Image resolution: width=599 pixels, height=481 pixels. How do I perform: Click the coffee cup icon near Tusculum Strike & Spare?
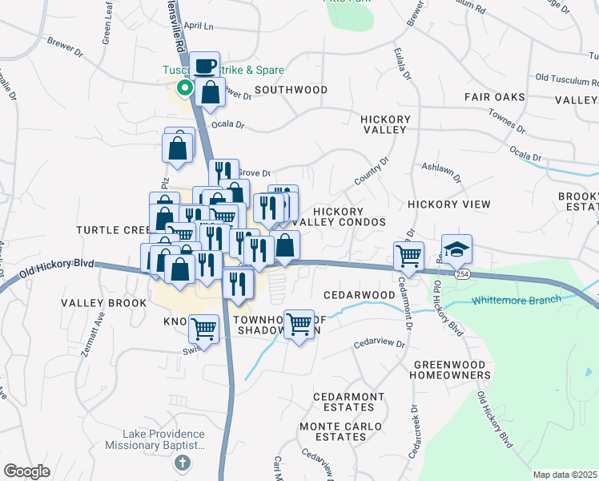[205, 66]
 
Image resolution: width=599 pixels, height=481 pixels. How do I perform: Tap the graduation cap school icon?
[456, 250]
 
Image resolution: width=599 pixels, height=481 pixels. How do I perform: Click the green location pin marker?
[183, 88]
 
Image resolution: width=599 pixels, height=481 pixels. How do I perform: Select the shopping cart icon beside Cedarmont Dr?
[408, 257]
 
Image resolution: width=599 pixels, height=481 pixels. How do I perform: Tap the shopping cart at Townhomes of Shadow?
[299, 325]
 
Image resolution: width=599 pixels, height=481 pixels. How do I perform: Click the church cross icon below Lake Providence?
[183, 463]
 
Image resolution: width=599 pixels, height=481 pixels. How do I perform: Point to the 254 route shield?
[463, 274]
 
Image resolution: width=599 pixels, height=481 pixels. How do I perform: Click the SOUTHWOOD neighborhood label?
[291, 90]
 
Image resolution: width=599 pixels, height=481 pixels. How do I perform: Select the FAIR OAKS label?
[494, 97]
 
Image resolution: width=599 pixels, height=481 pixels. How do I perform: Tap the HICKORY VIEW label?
[448, 204]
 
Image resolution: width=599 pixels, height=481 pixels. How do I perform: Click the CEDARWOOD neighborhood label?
[360, 295]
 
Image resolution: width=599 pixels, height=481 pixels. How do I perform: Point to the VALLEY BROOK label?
[103, 303]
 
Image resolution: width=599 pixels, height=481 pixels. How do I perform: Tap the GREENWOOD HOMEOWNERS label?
[452, 369]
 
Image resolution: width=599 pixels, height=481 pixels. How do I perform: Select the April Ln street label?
[200, 26]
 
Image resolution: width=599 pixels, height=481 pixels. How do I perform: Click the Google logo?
[27, 471]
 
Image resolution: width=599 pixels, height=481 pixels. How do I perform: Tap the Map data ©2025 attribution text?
[564, 475]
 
